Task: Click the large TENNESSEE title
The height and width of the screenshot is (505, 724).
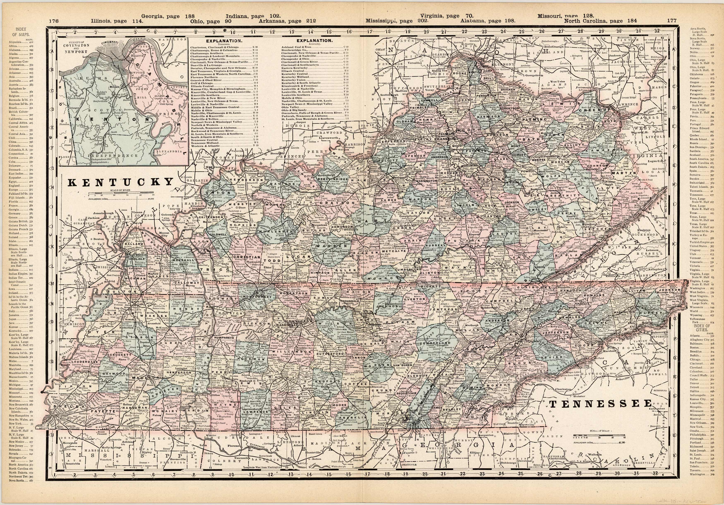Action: pyautogui.click(x=600, y=404)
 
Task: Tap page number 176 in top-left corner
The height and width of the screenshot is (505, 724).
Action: pyautogui.click(x=54, y=21)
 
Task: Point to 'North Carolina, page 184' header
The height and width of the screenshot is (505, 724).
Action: pyautogui.click(x=600, y=21)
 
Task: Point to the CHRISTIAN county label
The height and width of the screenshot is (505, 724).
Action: pyautogui.click(x=247, y=257)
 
